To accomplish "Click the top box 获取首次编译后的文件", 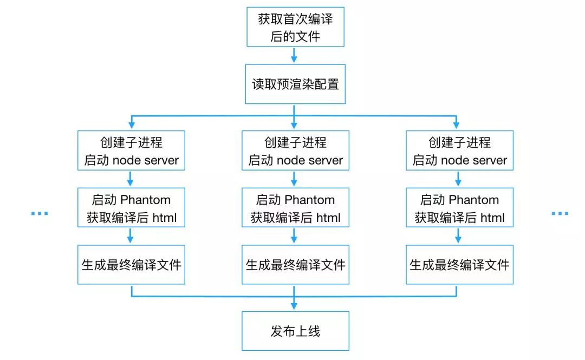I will [x=295, y=27].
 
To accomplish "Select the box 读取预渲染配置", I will [x=295, y=84].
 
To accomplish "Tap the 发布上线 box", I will [x=295, y=331].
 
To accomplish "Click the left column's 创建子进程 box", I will [x=131, y=151].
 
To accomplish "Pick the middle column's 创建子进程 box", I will [x=295, y=151].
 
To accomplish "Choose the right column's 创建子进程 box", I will [x=459, y=151].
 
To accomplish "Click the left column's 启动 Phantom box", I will [x=131, y=208].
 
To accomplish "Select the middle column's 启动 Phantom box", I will [x=295, y=208].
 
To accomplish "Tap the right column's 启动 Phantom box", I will [x=459, y=208].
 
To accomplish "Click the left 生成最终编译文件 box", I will [x=131, y=265].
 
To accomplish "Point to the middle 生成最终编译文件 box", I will [x=295, y=265].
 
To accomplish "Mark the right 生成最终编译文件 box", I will [x=459, y=265].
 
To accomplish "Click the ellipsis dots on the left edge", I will [x=39, y=214].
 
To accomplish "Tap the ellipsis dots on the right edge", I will [x=560, y=214].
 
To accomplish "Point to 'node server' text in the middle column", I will [x=310, y=161].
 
